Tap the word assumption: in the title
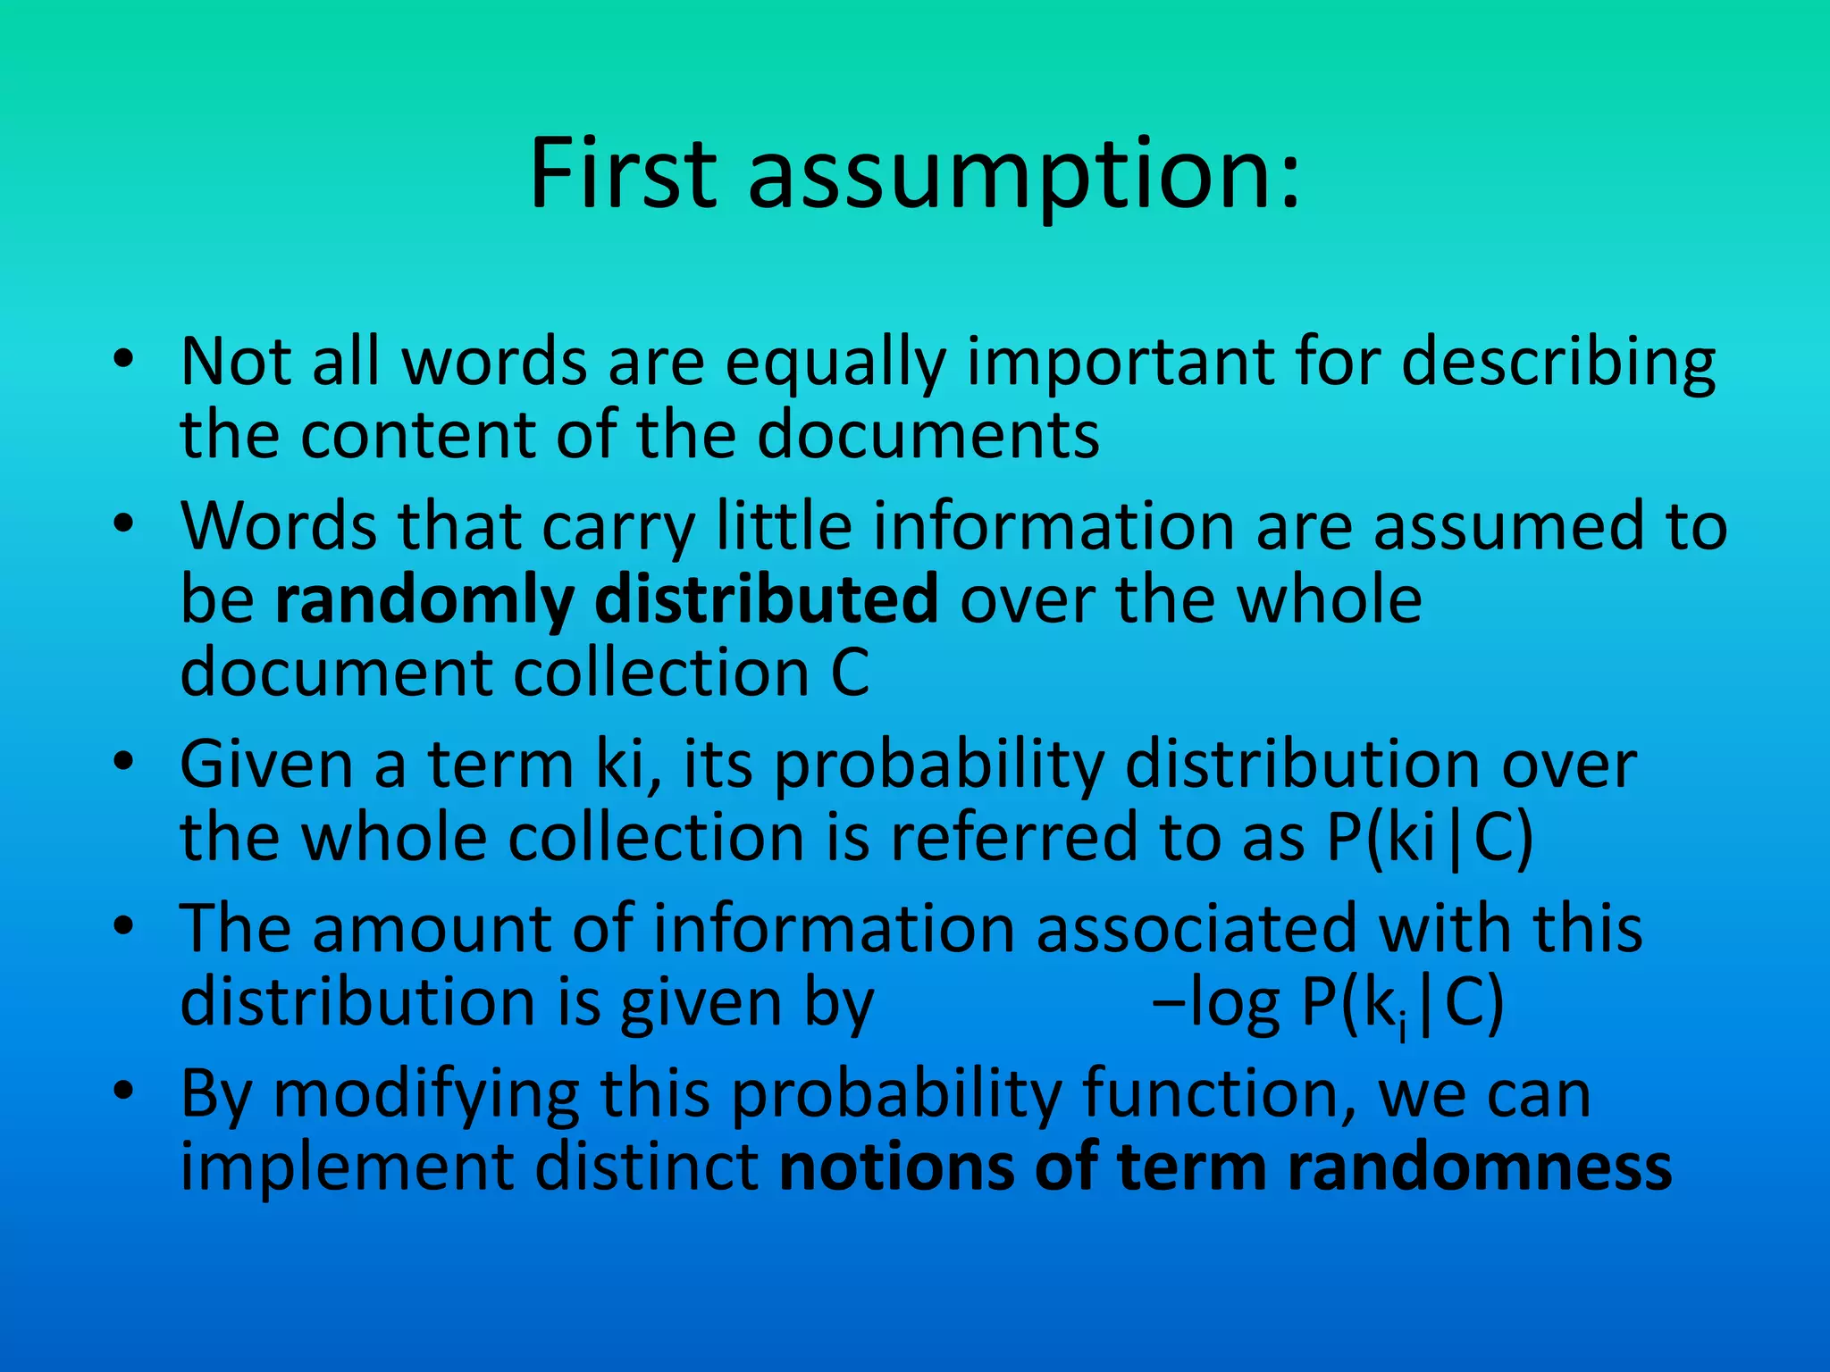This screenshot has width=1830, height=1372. [x=1023, y=176]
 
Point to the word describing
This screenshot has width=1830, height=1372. [x=1558, y=364]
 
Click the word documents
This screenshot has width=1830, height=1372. [x=928, y=436]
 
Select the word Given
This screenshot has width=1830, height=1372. [x=266, y=765]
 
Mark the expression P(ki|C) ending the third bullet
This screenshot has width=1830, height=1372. [x=1429, y=840]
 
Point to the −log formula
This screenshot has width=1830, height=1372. [x=1328, y=1004]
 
